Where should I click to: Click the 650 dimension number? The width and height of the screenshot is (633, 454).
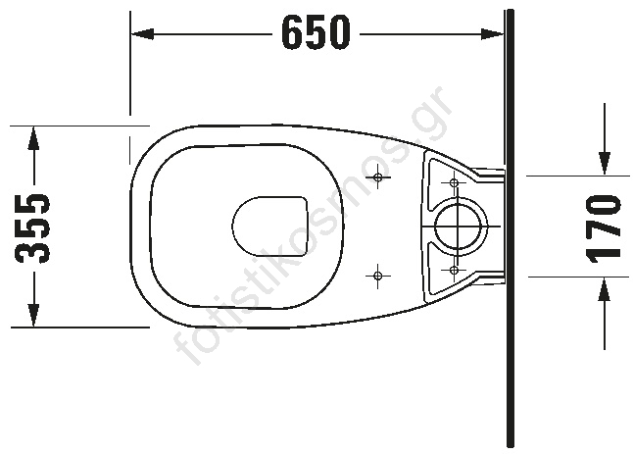(x=316, y=32)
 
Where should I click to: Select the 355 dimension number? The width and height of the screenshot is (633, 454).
(x=32, y=228)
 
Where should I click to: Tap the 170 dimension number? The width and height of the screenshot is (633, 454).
(x=604, y=227)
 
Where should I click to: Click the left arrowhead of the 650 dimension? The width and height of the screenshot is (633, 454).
(x=142, y=34)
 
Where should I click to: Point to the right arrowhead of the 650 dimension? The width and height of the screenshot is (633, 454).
(x=493, y=34)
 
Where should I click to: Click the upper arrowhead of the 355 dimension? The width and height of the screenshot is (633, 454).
(x=33, y=139)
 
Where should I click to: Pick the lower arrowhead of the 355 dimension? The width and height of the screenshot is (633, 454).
(x=33, y=315)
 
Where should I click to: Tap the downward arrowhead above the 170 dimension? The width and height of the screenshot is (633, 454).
(x=605, y=164)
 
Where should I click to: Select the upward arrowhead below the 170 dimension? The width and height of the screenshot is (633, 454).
(x=605, y=289)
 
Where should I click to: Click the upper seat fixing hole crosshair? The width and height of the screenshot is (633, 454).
(x=378, y=177)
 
